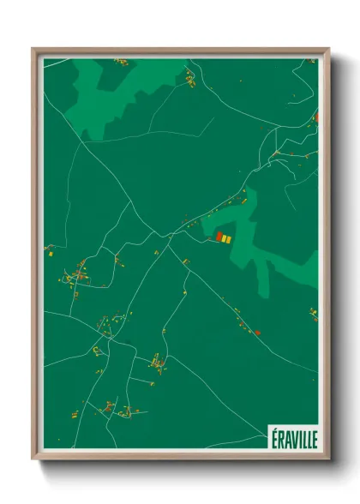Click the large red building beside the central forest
219,237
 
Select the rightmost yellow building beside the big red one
230,239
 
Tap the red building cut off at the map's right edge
316,116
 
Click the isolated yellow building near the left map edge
51,253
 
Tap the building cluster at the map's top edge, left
120,62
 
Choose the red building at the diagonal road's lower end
257,331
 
